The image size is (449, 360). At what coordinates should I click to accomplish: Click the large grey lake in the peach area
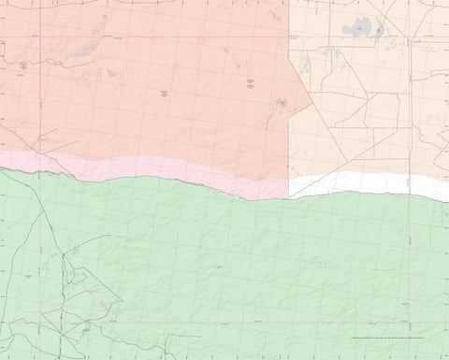(358, 29)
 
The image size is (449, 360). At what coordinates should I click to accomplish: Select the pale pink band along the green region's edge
(140, 169)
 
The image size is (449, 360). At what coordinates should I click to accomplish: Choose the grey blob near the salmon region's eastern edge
(282, 103)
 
